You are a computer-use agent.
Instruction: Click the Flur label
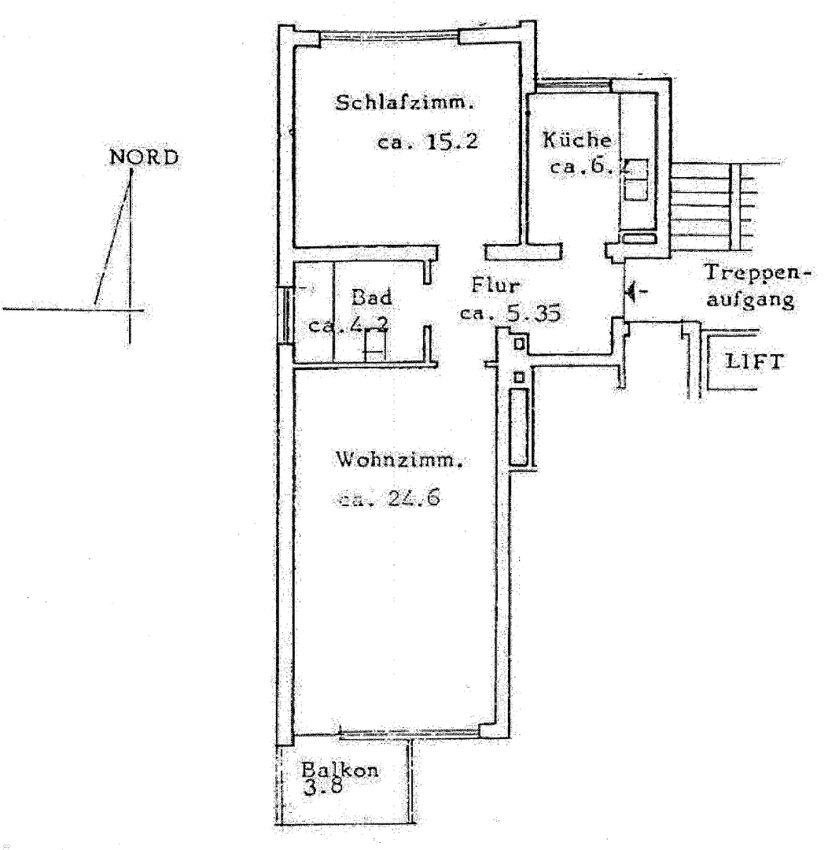click(492, 283)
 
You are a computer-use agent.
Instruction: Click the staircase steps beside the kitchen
click(712, 201)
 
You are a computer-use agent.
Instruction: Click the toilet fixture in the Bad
click(375, 345)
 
